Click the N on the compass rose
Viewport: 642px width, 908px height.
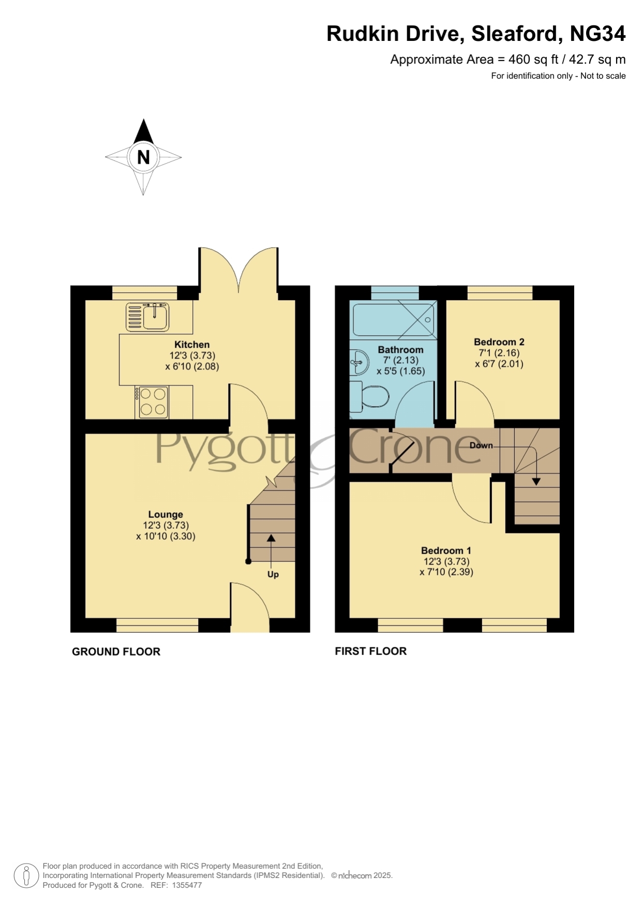click(x=143, y=157)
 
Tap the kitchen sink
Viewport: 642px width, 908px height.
click(x=147, y=317)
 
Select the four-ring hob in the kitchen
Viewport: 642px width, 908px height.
click(x=153, y=402)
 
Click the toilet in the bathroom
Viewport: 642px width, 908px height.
click(x=369, y=397)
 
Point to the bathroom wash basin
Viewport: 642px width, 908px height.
click(x=359, y=362)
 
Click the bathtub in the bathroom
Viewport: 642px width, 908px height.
click(x=393, y=319)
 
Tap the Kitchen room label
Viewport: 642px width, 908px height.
click(x=192, y=345)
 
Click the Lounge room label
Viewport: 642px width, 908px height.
click(x=166, y=514)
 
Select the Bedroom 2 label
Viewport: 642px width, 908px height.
click(x=499, y=342)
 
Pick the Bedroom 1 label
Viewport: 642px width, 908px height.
click(x=446, y=550)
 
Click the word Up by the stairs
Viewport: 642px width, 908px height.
click(x=273, y=574)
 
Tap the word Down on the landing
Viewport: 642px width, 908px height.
click(x=481, y=445)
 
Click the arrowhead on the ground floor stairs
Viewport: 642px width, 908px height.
click(x=271, y=538)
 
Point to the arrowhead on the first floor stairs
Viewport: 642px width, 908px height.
click(x=536, y=482)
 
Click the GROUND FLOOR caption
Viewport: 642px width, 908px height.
click(x=116, y=652)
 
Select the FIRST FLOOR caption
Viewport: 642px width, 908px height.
click(x=371, y=651)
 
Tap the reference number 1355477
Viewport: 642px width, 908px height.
click(x=187, y=885)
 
